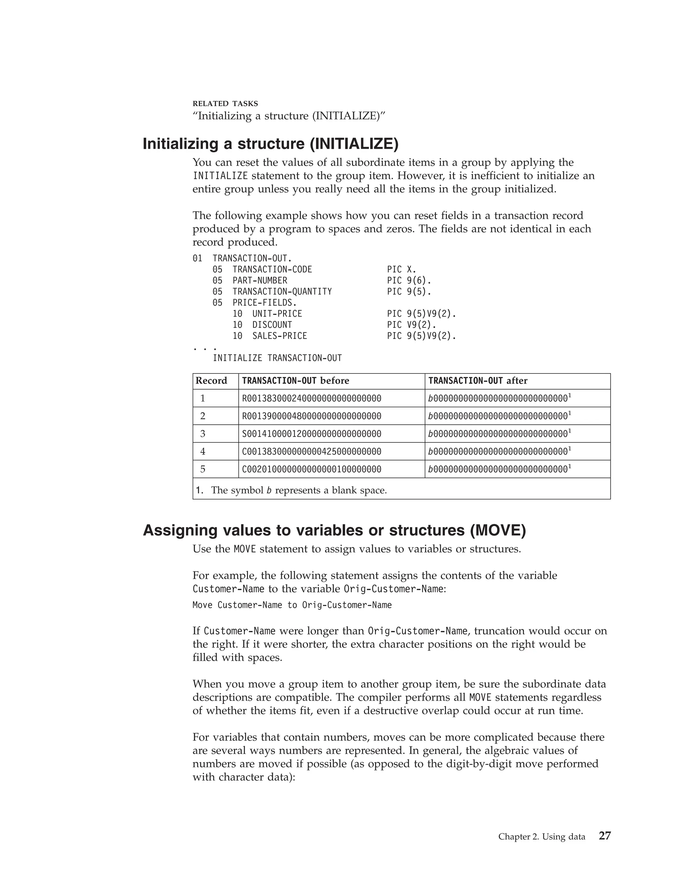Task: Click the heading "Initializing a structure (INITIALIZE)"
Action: pyautogui.click(x=270, y=144)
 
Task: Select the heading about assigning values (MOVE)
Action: pyautogui.click(x=334, y=530)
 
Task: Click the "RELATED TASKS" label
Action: pyautogui.click(x=225, y=104)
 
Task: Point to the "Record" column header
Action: pyautogui.click(x=211, y=381)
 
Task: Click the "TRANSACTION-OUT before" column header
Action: pyautogui.click(x=295, y=381)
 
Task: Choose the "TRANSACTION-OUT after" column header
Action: pyautogui.click(x=477, y=381)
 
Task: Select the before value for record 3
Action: pyautogui.click(x=311, y=434)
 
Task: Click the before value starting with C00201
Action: pyautogui.click(x=311, y=469)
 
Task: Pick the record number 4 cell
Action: pyautogui.click(x=203, y=451)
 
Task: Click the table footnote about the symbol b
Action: pyautogui.click(x=291, y=490)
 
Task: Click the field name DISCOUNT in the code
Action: pyautogui.click(x=272, y=325)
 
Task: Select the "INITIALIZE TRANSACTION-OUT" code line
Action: pyautogui.click(x=277, y=358)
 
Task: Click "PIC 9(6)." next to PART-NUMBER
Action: pyautogui.click(x=409, y=281)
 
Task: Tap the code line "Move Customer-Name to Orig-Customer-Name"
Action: pyautogui.click(x=292, y=605)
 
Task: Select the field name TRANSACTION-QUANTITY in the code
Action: pyautogui.click(x=282, y=291)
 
